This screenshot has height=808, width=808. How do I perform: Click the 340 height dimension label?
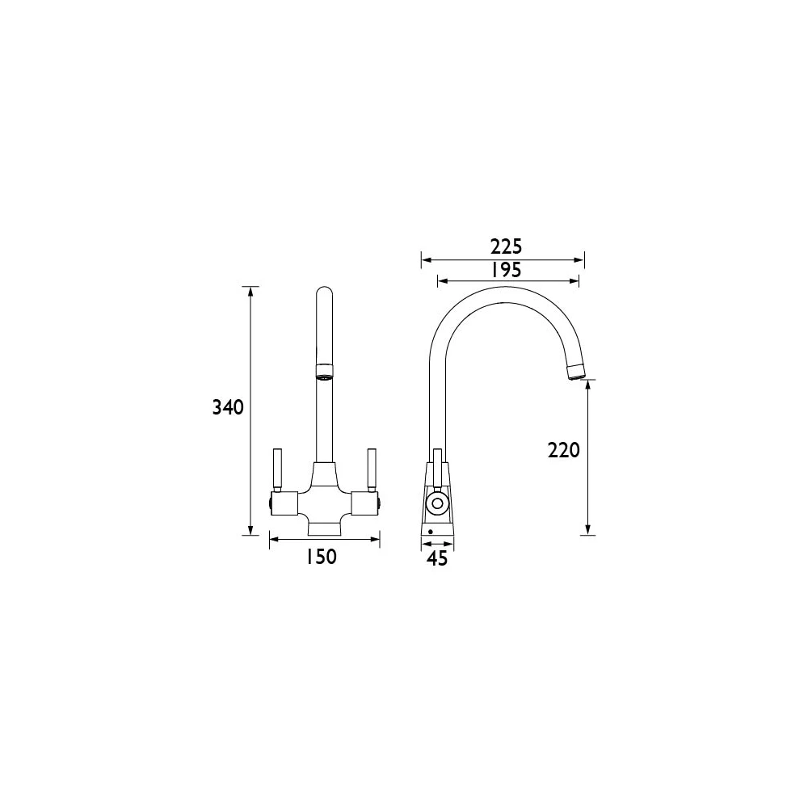pyautogui.click(x=228, y=408)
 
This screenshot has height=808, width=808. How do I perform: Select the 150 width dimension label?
pyautogui.click(x=322, y=557)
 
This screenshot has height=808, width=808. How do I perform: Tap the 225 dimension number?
pyautogui.click(x=507, y=246)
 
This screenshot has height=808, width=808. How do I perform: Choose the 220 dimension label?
pyautogui.click(x=564, y=450)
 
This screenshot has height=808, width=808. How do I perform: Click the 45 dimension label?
pyautogui.click(x=436, y=558)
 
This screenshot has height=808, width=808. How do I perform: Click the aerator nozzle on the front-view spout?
pyautogui.click(x=322, y=372)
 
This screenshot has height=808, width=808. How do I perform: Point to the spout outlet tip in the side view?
pyautogui.click(x=576, y=373)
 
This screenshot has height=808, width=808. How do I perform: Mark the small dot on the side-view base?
pyautogui.click(x=431, y=532)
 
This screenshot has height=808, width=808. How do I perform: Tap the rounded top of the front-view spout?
pyautogui.click(x=322, y=292)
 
